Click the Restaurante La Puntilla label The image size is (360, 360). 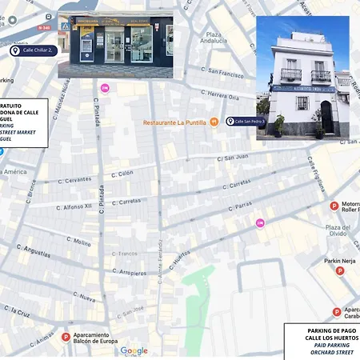pyautogui.click(x=175, y=122)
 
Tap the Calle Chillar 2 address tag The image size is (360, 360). pyautogui.click(x=33, y=50)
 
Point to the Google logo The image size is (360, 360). pyautogui.click(x=134, y=350)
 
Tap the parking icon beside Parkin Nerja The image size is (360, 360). pyautogui.click(x=339, y=271)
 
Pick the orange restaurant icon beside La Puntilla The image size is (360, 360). pyautogui.click(x=214, y=122)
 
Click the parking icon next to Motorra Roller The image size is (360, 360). pyautogui.click(x=334, y=206)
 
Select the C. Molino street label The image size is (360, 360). pyautogui.click(x=78, y=241)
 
